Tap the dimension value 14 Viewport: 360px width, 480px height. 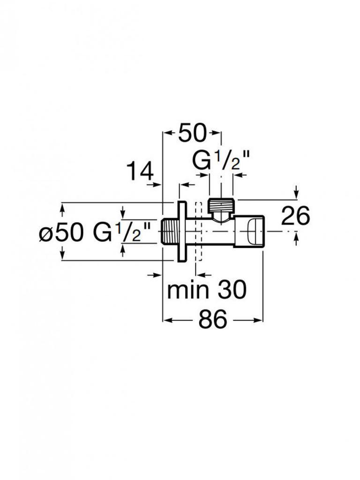[x=140, y=172]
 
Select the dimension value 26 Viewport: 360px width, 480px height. [x=295, y=216]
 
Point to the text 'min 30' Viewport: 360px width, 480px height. [x=207, y=291]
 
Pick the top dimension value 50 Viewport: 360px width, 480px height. [x=192, y=134]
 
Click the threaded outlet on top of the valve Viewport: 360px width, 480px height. [x=221, y=205]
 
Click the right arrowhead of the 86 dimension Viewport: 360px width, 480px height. [x=260, y=321]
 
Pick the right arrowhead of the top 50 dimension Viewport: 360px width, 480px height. [x=218, y=134]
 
